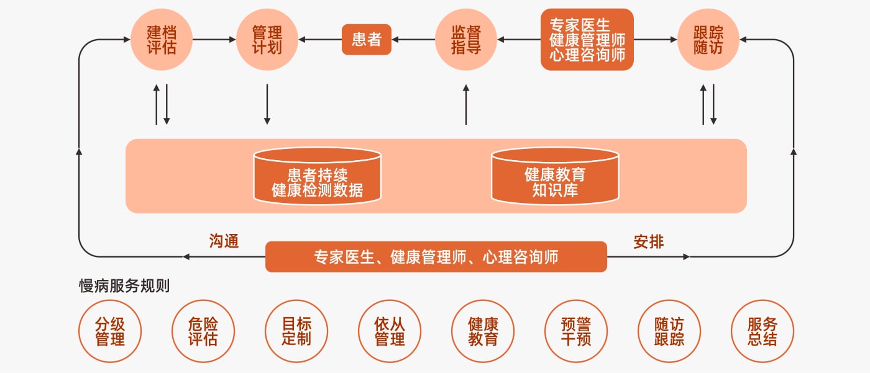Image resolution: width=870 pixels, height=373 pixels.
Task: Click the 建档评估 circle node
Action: (x=162, y=40)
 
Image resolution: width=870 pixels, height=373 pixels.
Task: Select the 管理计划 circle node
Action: (x=267, y=40)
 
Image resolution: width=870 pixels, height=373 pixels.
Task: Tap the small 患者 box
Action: (x=367, y=40)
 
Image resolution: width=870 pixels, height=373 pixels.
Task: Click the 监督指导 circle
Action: (x=466, y=40)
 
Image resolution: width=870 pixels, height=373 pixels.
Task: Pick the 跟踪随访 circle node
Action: (x=708, y=40)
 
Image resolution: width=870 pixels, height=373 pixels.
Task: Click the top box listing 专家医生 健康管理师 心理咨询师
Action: (x=587, y=40)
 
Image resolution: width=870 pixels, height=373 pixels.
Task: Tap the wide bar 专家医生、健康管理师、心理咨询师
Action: (x=436, y=256)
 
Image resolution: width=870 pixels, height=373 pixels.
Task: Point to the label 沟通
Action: (x=224, y=241)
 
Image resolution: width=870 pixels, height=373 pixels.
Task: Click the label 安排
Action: (x=649, y=241)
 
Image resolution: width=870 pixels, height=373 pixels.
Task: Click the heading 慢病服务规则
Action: (x=124, y=286)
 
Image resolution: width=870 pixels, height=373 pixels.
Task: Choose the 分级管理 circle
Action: (x=110, y=331)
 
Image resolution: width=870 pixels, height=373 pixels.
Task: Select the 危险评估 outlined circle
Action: (x=203, y=331)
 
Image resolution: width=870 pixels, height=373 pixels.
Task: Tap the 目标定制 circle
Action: (x=296, y=331)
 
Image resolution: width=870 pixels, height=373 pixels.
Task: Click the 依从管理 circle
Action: (x=390, y=331)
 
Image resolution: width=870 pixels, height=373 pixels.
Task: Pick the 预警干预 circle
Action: (x=576, y=331)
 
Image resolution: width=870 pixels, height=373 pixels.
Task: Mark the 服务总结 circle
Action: (x=762, y=331)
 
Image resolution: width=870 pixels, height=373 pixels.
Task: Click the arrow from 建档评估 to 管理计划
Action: (x=214, y=40)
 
